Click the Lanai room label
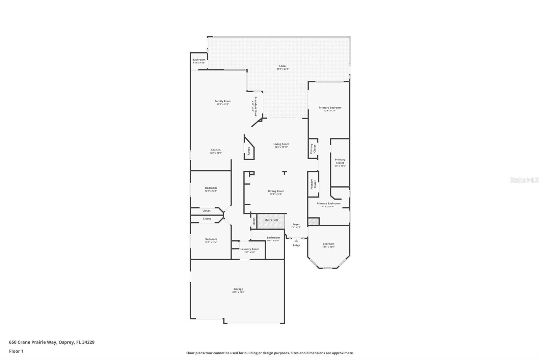[282, 66]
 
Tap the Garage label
[238, 289]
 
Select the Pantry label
[249, 151]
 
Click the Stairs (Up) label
[271, 220]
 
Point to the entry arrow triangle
[296, 241]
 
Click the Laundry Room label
[250, 249]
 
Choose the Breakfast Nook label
[255, 106]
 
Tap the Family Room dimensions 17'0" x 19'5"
[223, 104]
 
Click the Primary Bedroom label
[330, 108]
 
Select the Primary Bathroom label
[328, 204]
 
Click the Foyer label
[296, 224]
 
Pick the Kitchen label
[216, 150]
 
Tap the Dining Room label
[276, 191]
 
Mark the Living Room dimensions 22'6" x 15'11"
[281, 147]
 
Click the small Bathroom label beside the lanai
[199, 60]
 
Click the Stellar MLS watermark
[524, 180]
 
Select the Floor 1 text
[16, 351]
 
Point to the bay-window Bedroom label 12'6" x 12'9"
[328, 244]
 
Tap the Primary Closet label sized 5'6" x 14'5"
[340, 161]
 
